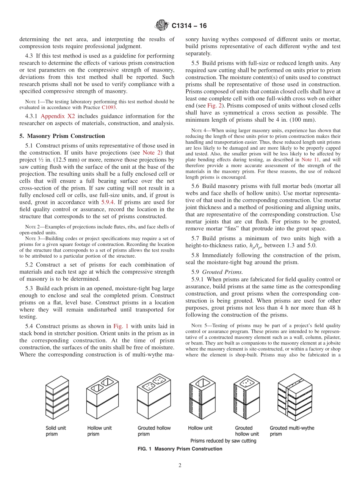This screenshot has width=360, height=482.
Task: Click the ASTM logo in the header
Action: point(162,26)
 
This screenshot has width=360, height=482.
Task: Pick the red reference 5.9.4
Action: point(109,202)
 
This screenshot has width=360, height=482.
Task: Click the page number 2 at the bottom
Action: point(180,466)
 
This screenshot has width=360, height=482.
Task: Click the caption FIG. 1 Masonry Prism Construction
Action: point(180,449)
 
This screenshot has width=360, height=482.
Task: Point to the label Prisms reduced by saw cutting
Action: point(223,441)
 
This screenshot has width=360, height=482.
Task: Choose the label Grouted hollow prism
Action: point(154,431)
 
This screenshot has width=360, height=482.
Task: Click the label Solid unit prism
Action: point(56,431)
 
